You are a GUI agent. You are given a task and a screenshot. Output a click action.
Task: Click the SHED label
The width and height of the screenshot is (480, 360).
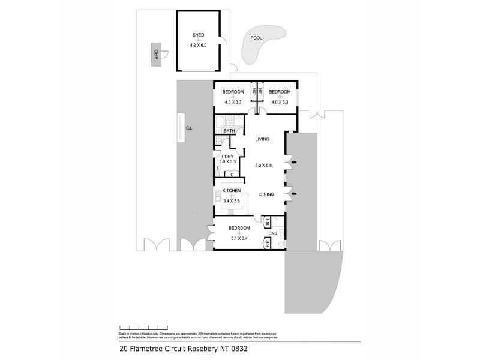click(x=199, y=35)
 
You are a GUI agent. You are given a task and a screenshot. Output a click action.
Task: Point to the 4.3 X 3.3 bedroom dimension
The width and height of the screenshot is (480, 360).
click(x=233, y=102)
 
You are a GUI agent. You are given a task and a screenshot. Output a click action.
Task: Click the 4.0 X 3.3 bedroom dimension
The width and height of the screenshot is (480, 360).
click(x=280, y=102)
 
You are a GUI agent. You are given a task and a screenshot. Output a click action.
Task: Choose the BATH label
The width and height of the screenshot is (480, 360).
click(x=229, y=131)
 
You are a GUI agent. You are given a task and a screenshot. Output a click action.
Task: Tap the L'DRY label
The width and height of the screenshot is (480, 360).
click(x=227, y=156)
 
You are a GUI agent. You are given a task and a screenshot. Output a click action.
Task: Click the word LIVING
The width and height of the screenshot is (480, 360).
click(x=262, y=139)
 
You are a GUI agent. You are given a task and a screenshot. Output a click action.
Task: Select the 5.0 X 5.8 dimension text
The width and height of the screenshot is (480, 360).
click(x=263, y=165)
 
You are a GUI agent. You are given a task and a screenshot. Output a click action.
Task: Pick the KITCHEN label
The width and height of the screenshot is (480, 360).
click(x=232, y=191)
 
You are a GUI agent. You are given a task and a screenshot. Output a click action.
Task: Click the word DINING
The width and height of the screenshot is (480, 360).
click(x=267, y=194)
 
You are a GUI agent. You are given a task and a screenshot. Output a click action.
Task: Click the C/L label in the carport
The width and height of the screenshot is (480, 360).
click(x=189, y=128)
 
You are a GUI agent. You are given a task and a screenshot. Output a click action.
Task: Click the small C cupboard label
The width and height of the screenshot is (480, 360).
click(x=232, y=175)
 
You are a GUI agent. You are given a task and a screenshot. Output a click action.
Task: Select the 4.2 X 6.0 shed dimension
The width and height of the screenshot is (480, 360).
click(x=199, y=46)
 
